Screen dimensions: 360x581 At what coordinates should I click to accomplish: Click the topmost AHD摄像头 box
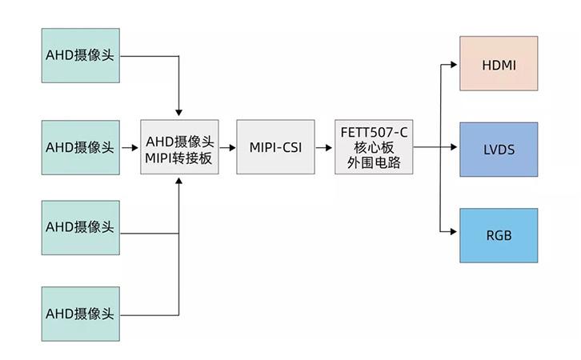click(80, 56)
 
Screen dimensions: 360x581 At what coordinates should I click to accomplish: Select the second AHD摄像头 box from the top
click(80, 147)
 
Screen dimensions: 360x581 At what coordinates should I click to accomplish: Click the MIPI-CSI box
click(275, 147)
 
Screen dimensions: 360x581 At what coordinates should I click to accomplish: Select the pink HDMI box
click(499, 63)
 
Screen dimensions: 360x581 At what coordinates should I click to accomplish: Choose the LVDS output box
click(499, 149)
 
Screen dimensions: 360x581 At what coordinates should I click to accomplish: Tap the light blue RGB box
click(499, 235)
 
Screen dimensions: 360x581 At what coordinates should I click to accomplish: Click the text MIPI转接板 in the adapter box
click(178, 158)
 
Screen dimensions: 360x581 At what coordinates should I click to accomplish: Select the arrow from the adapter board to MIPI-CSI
click(227, 147)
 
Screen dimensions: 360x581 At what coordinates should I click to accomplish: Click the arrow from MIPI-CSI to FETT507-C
click(324, 147)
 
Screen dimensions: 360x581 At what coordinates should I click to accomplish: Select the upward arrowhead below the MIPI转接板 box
click(178, 182)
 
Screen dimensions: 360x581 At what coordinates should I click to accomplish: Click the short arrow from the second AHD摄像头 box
click(129, 147)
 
